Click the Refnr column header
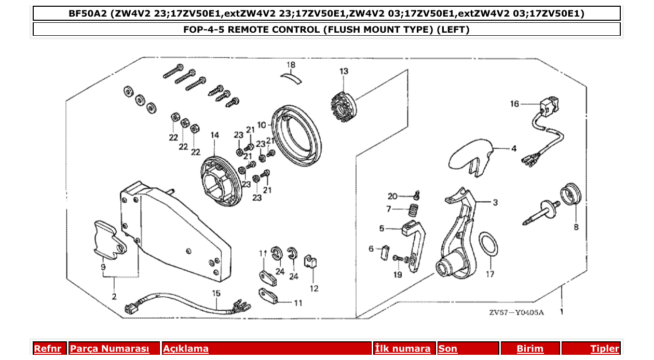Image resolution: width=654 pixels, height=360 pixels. pos(47,349)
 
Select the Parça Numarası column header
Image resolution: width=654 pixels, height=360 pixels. pos(109,349)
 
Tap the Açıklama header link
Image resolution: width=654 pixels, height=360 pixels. pos(186,349)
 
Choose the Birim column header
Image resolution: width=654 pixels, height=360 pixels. pos(529,349)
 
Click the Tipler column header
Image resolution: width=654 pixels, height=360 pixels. pos(604,349)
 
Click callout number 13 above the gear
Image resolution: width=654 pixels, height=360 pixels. pos(344,71)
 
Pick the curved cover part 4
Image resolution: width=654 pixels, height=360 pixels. pos(470,155)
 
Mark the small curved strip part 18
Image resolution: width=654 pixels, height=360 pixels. pos(291,77)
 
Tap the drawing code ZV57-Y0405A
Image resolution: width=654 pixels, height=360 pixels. pos(516,313)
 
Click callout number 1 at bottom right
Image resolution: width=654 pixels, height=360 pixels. pos(561,312)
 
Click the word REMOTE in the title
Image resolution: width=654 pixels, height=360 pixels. pos(254,29)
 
